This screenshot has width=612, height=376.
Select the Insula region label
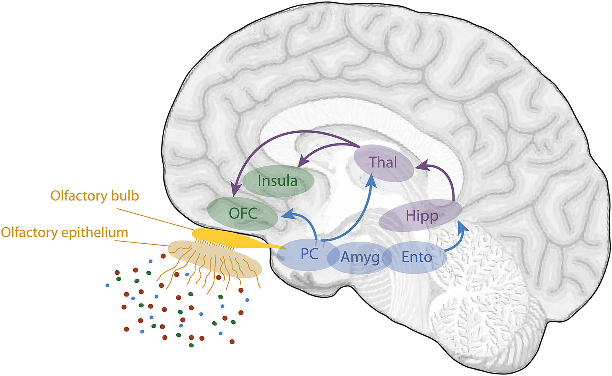click(278, 181)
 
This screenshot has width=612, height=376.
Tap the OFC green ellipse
click(243, 213)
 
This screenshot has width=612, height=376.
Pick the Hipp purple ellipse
click(421, 216)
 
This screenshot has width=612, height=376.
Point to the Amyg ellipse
click(360, 258)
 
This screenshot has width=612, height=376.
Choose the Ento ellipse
click(417, 257)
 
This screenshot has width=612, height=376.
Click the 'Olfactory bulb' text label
click(94, 196)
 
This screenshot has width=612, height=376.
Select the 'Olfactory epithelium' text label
click(64, 232)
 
